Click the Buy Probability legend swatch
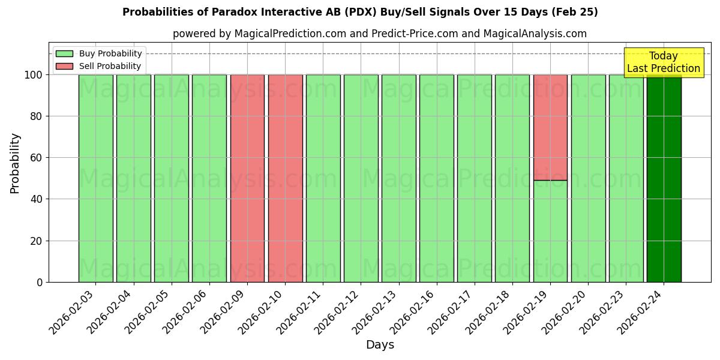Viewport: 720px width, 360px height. tap(64, 54)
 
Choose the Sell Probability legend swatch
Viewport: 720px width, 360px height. tap(64, 67)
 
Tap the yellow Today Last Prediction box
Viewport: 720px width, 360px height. tap(664, 62)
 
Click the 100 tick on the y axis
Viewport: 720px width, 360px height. tap(33, 75)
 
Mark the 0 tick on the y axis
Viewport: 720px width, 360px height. tap(40, 282)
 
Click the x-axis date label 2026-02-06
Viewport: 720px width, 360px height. tap(187, 313)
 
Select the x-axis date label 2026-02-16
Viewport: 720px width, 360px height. tap(414, 313)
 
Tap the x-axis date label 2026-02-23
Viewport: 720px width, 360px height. tap(604, 313)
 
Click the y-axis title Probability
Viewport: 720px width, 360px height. tap(15, 163)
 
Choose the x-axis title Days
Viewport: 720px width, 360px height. tap(380, 345)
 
